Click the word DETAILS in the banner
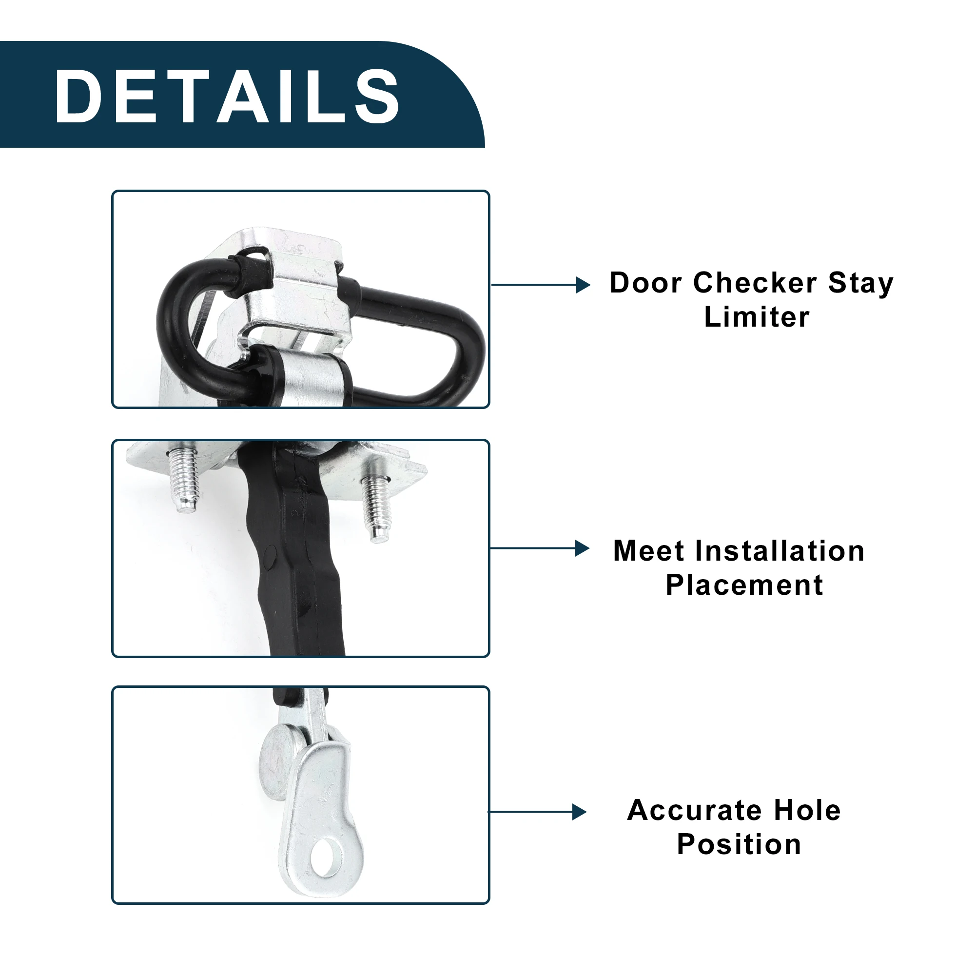[x=227, y=96]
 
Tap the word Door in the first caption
[x=646, y=283]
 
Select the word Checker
[x=755, y=283]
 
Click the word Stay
[x=861, y=284]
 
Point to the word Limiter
[x=757, y=317]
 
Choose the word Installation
[x=780, y=550]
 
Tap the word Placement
[x=744, y=585]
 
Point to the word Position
[x=739, y=844]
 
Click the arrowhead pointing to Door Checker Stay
[x=584, y=285]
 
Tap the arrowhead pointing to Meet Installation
[x=583, y=548]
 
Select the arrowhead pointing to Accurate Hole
[x=579, y=812]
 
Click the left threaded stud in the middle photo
[x=183, y=479]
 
